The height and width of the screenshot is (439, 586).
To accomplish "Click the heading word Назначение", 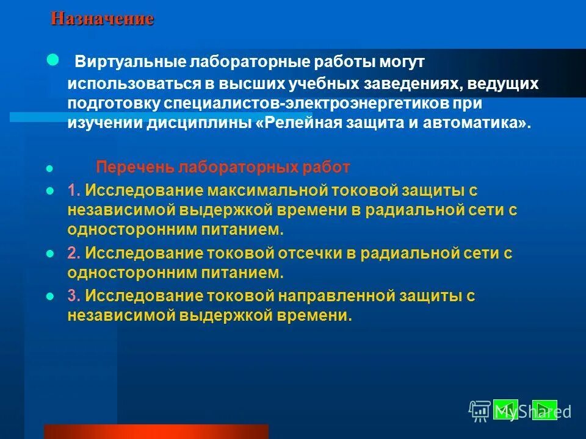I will click(x=102, y=19).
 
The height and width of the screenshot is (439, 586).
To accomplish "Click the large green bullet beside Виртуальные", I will click(x=53, y=60).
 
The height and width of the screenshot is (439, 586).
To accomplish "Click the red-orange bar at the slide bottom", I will click(x=156, y=432).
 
